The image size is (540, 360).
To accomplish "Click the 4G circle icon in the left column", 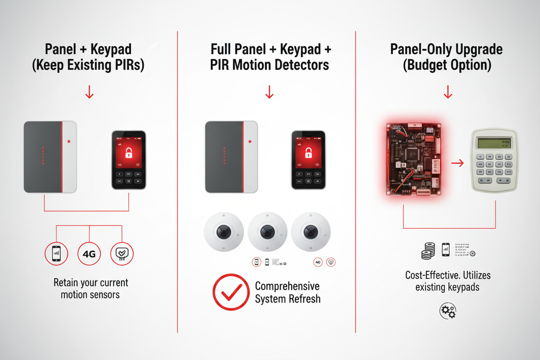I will [89, 254].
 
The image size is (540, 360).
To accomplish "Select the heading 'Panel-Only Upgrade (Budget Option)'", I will [447, 57].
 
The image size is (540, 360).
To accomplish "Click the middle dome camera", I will [267, 232].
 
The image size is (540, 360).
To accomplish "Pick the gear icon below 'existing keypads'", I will [448, 310].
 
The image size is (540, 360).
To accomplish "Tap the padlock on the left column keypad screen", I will [129, 152].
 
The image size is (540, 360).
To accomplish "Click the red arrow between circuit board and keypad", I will [457, 163].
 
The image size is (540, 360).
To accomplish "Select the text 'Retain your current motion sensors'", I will [90, 289].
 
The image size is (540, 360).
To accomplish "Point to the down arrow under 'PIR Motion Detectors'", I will [269, 92].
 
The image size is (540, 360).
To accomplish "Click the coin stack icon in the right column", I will [428, 250].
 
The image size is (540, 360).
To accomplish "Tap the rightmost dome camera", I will [310, 232].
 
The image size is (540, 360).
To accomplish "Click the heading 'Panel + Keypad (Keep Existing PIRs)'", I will [88, 57].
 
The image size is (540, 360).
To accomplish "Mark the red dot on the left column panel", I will [70, 141].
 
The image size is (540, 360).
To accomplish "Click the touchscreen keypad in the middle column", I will [308, 160].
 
